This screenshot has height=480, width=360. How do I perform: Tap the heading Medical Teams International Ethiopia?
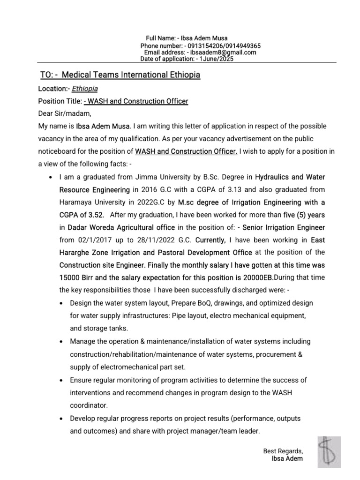(131, 75)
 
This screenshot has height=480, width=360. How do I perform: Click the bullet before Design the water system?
(62, 303)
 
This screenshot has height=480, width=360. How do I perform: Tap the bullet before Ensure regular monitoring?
(62, 380)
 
